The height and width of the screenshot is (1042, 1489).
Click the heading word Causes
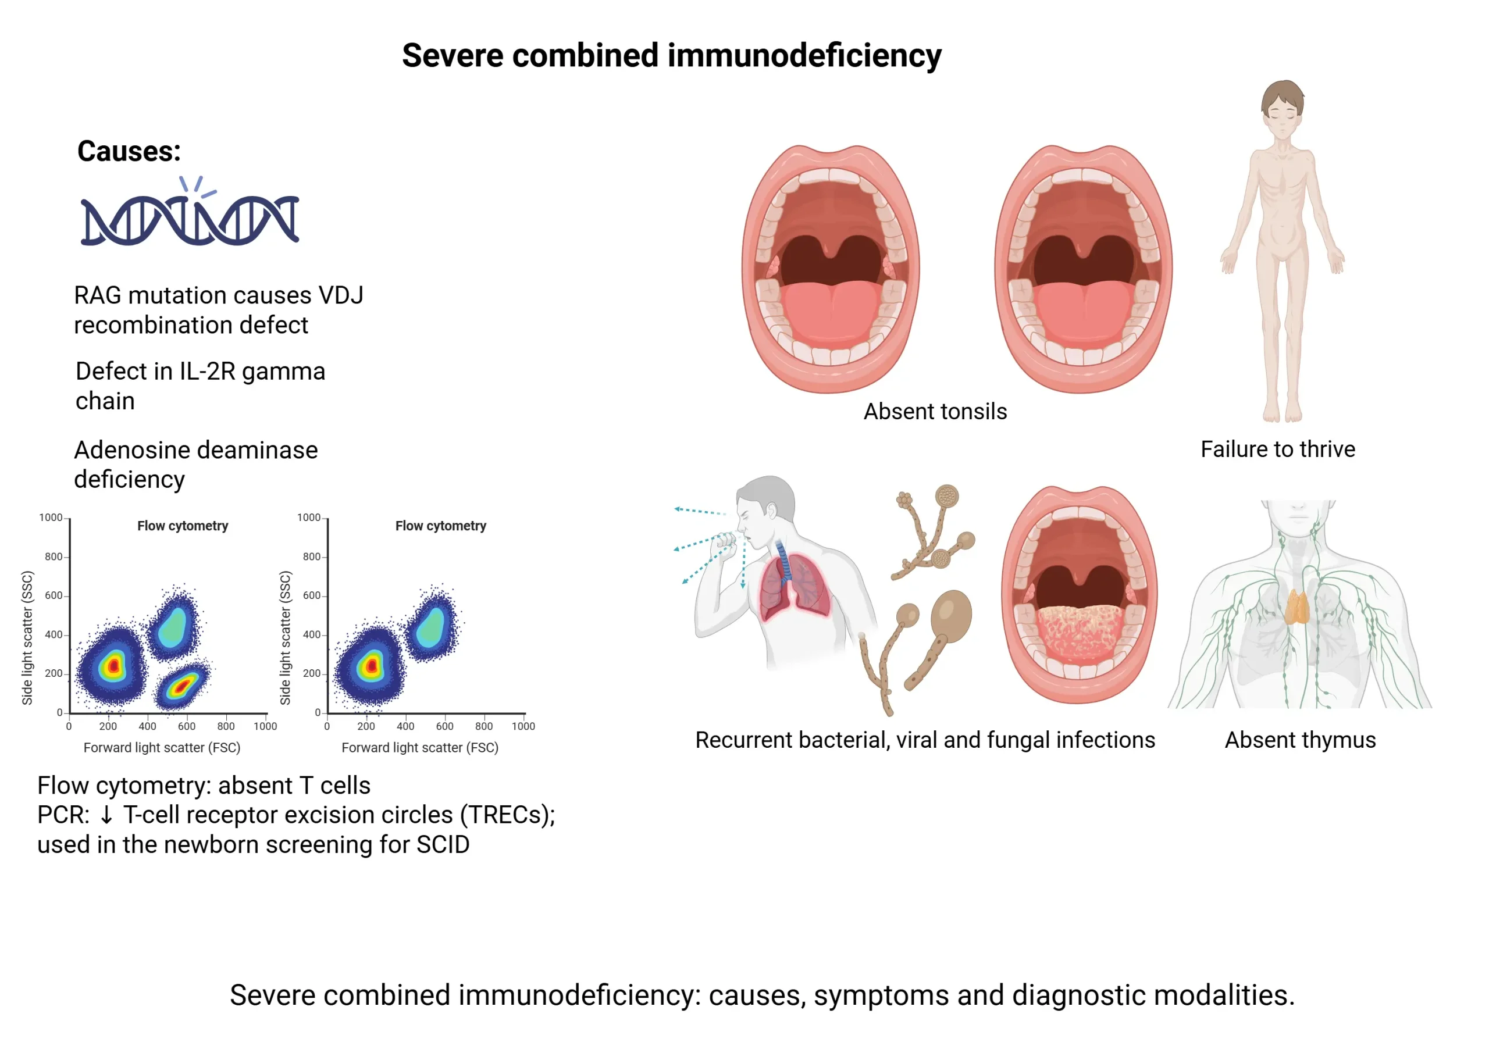coord(129,152)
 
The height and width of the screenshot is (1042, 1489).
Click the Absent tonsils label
coord(935,412)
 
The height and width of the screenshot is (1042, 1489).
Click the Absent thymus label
coord(1299,740)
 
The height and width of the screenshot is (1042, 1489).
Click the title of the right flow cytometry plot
coord(440,526)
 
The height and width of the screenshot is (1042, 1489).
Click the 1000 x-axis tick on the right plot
coord(523,726)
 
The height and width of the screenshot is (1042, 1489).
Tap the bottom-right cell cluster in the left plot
coord(182,684)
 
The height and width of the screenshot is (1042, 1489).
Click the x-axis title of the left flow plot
coord(162,748)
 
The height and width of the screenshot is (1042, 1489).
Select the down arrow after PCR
coord(106,815)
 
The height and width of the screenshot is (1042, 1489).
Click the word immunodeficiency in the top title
coord(804,55)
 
